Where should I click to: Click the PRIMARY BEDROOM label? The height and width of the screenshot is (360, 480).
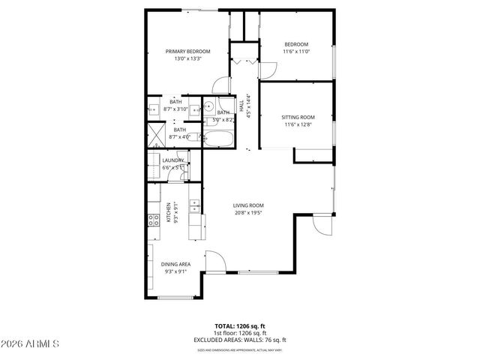tap(187, 51)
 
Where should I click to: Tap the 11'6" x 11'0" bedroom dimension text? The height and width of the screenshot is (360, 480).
tap(297, 53)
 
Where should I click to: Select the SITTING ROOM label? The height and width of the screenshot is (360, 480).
tap(297, 117)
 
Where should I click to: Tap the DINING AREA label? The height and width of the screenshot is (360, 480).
tap(175, 264)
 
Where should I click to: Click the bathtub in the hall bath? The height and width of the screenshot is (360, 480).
tap(219, 139)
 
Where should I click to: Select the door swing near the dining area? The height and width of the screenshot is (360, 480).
tap(217, 262)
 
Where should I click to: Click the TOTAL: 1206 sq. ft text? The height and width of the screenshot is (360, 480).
tap(240, 326)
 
